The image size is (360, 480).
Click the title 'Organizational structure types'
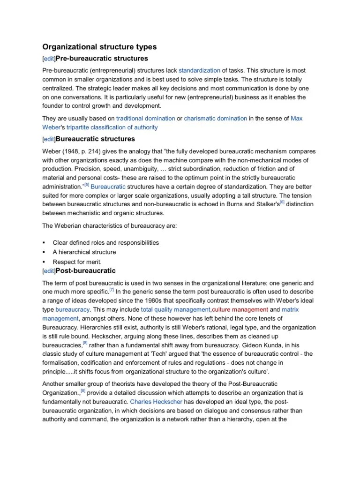(x=99, y=47)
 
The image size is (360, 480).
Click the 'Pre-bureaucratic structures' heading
(x=102, y=59)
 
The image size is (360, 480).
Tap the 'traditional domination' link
(x=146, y=119)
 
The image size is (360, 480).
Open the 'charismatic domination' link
(x=215, y=119)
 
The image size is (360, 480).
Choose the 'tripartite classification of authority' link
(x=112, y=127)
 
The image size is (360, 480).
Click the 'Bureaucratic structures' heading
(x=95, y=139)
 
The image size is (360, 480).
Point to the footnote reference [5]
(x=86, y=185)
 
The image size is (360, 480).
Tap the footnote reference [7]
(x=112, y=289)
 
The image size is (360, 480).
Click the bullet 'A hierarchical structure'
(x=84, y=252)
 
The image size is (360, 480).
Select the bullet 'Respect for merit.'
(x=77, y=262)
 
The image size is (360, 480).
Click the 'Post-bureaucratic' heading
(x=86, y=271)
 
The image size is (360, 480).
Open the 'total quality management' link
(x=176, y=310)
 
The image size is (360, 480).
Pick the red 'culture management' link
(x=240, y=310)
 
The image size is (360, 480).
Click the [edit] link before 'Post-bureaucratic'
(x=49, y=271)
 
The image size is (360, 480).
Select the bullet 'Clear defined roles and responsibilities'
(x=106, y=243)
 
